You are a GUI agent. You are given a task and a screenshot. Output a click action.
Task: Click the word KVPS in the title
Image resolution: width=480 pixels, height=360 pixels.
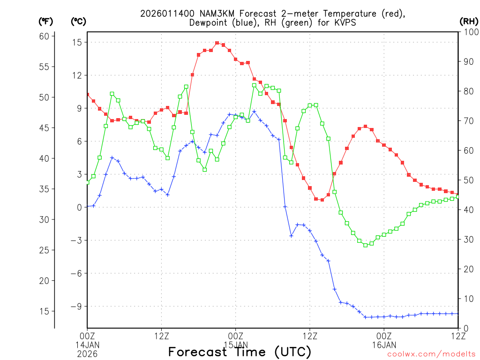[346, 22]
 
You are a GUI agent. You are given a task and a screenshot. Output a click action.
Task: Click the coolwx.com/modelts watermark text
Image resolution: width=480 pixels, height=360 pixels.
[431, 354]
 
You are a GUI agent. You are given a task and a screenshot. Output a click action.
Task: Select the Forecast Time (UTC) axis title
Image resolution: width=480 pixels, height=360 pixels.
[240, 352]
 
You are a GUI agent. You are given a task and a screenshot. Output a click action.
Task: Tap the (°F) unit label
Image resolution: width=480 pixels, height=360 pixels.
[46, 21]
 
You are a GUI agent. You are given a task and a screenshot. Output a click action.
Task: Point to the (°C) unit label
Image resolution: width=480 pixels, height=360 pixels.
[78, 21]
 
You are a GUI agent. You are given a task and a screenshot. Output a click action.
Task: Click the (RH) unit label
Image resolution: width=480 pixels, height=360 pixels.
[469, 21]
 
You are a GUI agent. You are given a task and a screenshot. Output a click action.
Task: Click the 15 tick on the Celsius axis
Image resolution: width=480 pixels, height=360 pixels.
[77, 42]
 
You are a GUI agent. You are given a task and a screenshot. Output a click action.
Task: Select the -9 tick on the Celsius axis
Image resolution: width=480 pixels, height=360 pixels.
[75, 306]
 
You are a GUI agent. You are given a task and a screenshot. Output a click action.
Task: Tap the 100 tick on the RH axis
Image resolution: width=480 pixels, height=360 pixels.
[469, 32]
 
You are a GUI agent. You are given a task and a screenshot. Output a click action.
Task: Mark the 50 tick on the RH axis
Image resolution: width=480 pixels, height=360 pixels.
[467, 180]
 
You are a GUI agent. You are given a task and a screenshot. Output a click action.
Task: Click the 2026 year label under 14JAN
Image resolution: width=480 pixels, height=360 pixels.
[87, 352]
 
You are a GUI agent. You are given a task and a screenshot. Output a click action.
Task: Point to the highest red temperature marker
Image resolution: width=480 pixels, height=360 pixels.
[217, 43]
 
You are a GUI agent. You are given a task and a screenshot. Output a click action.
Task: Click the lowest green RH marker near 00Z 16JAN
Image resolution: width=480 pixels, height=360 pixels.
[366, 245]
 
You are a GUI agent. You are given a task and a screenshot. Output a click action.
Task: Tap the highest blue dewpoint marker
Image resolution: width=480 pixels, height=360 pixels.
[254, 112]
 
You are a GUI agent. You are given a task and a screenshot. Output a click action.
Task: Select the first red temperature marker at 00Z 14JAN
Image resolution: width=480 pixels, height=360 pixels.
[87, 95]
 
